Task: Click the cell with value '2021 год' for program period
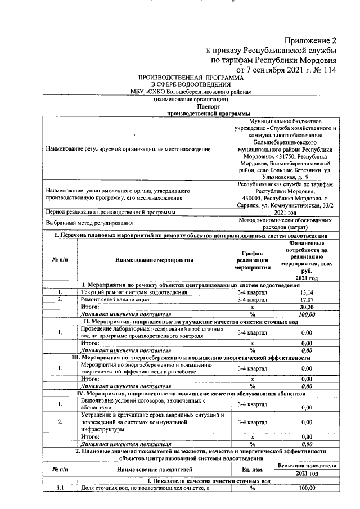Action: [287, 212]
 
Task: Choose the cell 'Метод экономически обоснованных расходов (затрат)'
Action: [287, 224]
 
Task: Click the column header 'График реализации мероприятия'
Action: [253, 259]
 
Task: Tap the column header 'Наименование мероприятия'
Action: [154, 260]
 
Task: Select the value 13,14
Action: [307, 292]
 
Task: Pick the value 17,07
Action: [307, 300]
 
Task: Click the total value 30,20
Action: [307, 308]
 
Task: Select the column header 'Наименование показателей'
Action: [154, 469]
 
